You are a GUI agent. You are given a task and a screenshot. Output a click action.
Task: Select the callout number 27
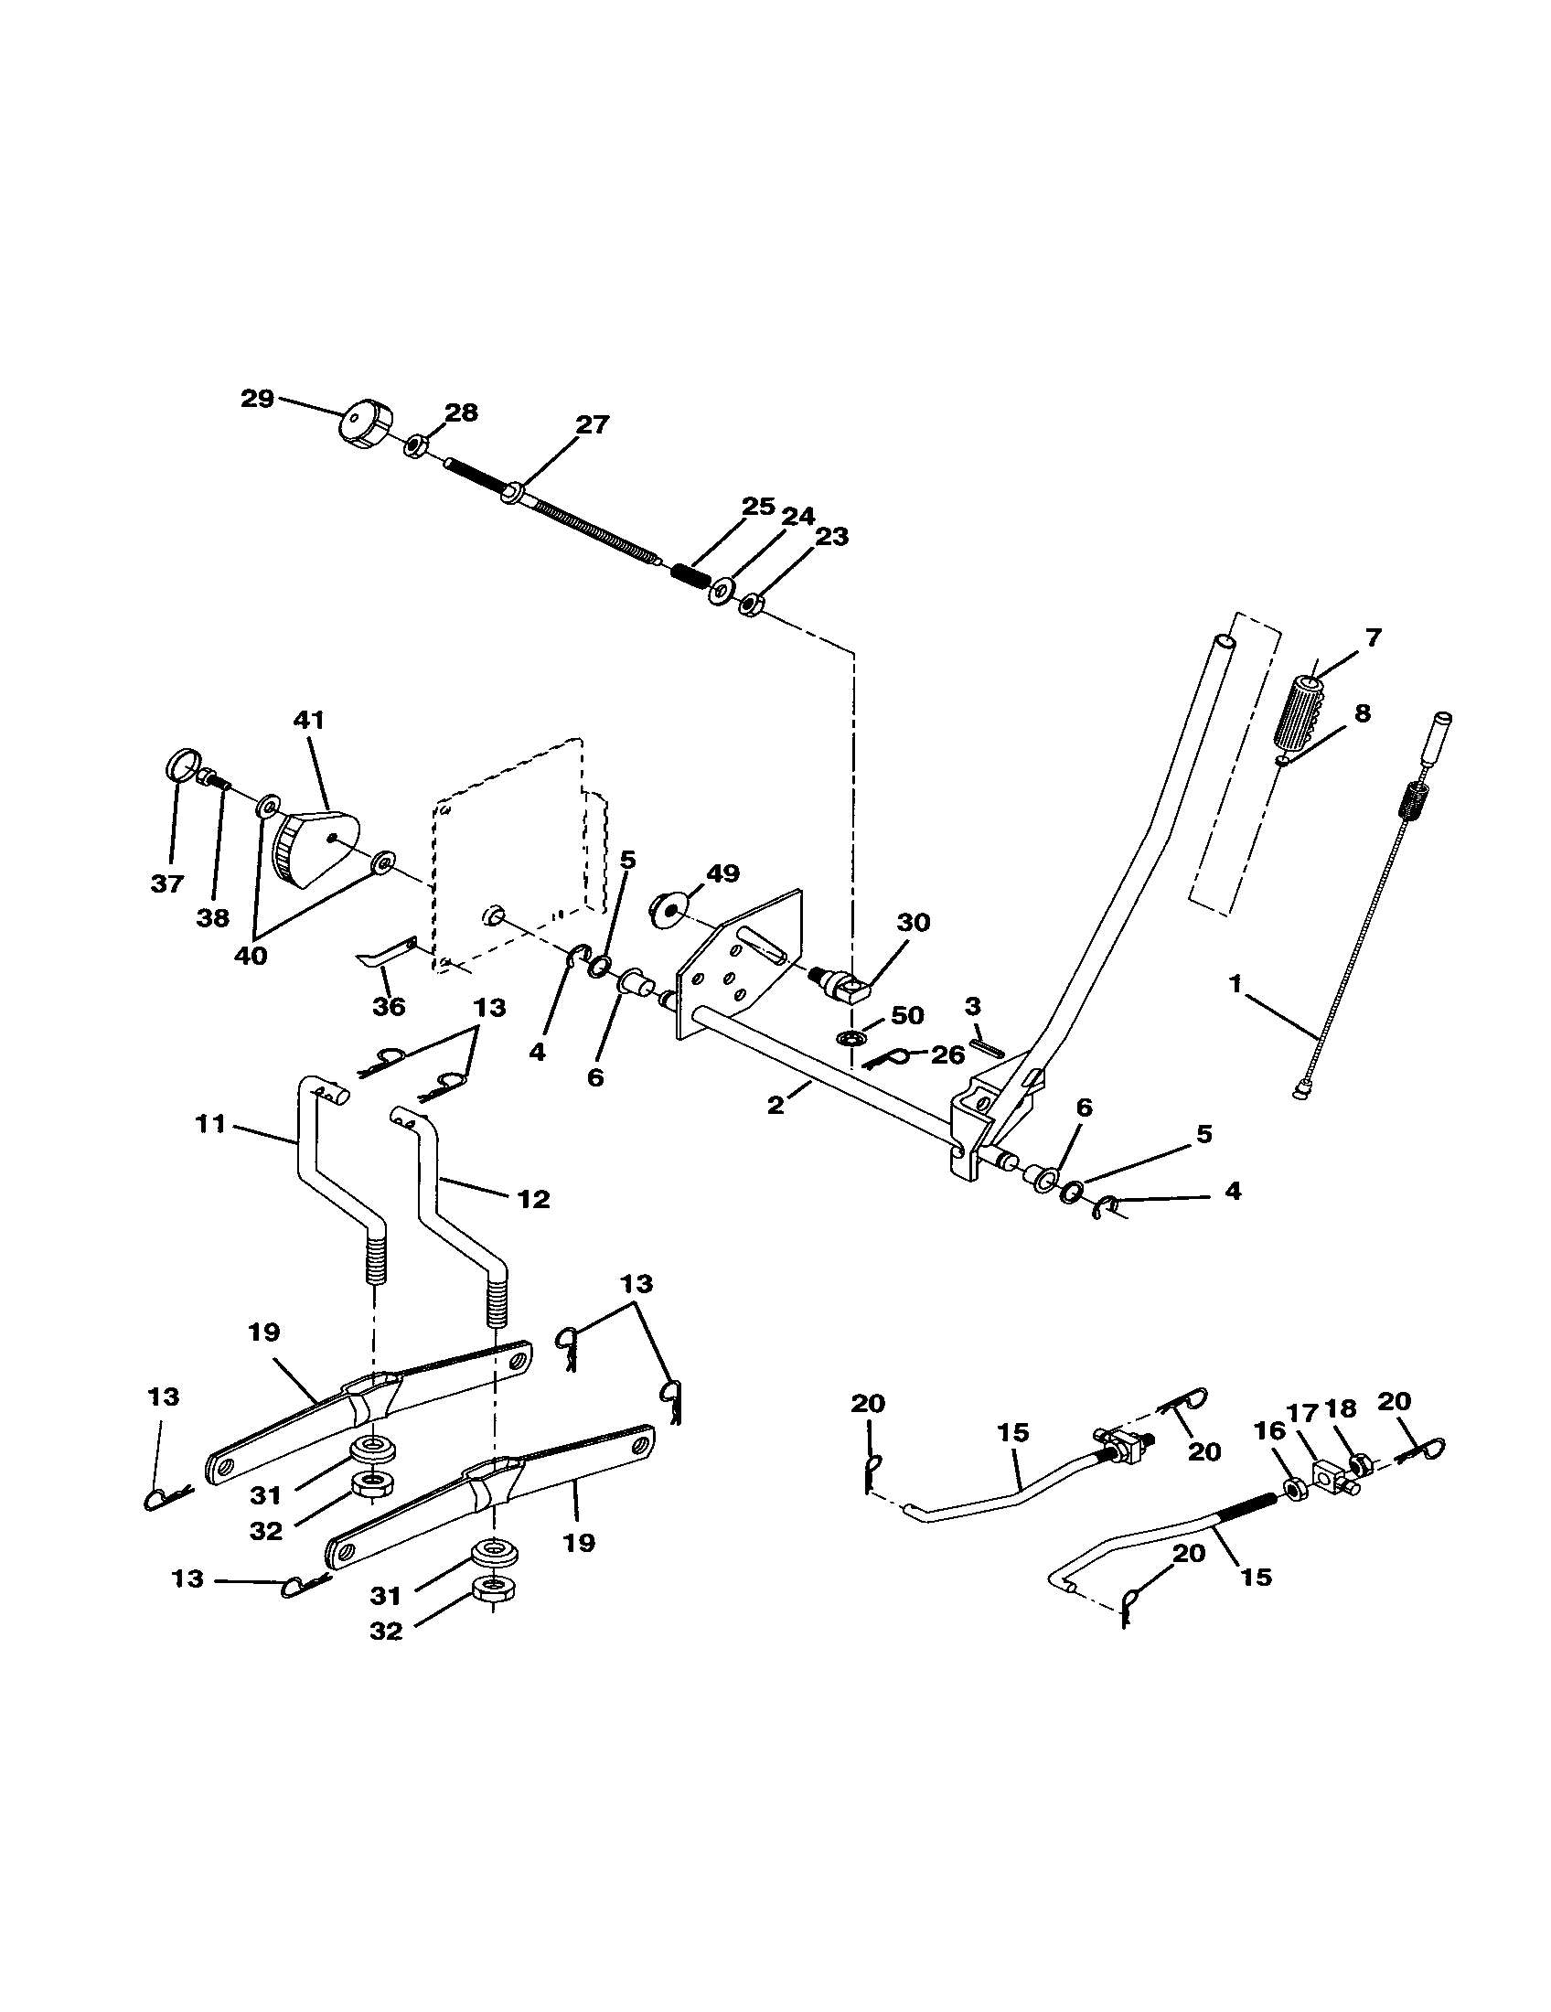[593, 424]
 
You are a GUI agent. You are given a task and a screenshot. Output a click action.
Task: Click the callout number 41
[308, 720]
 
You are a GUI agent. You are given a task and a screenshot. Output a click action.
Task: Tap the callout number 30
[913, 922]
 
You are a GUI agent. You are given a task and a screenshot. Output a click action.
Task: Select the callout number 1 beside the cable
[1235, 984]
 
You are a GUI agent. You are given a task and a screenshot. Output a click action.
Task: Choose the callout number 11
[211, 1124]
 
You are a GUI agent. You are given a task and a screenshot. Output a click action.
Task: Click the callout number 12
[533, 1199]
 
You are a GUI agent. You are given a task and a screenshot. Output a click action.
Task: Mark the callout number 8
[1363, 712]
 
